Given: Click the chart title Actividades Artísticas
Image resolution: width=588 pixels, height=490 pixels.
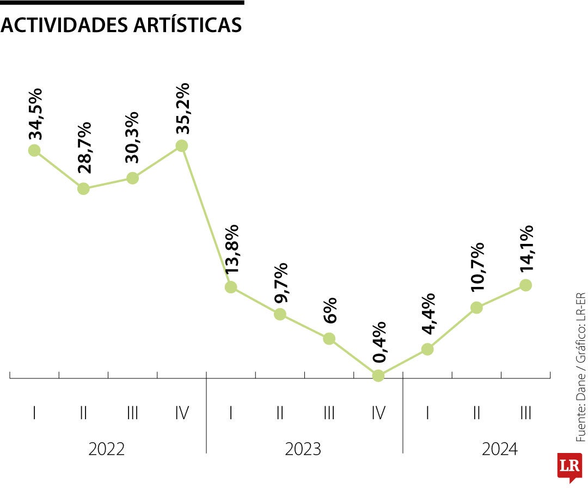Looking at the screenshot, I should [121, 25].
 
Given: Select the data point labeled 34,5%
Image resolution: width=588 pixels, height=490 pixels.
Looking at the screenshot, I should [34, 150].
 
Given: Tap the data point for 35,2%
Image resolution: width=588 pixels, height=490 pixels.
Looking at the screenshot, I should [182, 146].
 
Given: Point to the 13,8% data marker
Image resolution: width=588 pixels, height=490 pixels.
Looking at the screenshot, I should [231, 287].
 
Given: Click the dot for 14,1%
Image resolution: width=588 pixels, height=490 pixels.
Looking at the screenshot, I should [525, 285].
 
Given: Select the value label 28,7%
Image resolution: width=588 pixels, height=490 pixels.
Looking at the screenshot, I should [84, 147].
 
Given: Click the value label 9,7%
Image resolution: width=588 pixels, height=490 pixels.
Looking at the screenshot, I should [281, 283].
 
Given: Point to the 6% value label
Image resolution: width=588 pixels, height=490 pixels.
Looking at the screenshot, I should [329, 310].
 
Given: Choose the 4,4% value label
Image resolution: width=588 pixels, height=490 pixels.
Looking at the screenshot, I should [428, 314].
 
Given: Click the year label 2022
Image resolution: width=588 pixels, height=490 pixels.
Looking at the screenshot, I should [107, 449].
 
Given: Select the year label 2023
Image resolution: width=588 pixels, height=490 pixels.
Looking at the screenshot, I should [303, 449].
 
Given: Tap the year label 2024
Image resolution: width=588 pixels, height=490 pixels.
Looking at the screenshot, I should [500, 449].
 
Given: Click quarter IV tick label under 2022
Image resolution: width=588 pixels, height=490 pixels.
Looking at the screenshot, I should [182, 413].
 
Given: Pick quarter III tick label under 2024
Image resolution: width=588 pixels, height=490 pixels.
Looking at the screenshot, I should [525, 413].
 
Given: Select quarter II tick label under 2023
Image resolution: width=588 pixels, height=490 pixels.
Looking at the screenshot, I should [280, 413].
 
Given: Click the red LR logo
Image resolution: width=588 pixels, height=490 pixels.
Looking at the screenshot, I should [569, 466].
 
